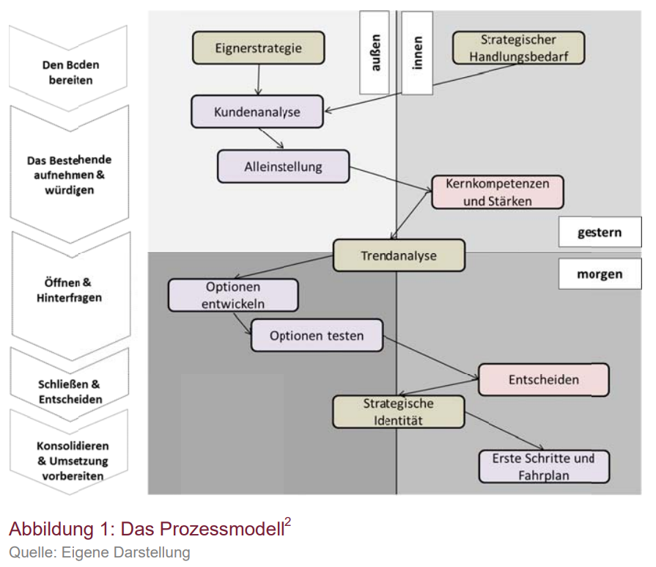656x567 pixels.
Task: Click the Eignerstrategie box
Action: (x=258, y=48)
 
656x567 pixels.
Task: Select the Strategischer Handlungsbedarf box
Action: (x=518, y=48)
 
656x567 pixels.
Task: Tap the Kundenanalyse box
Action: (x=257, y=112)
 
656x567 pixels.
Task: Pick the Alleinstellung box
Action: (x=283, y=167)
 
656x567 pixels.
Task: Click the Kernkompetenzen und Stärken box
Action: (x=498, y=192)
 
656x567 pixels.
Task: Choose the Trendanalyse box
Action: (x=399, y=256)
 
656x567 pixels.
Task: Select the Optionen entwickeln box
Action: (x=234, y=295)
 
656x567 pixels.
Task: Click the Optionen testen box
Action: (x=317, y=336)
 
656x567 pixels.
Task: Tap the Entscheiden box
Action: (x=543, y=379)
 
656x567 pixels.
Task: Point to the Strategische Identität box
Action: (x=398, y=412)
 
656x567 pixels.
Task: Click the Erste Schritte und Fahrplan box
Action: (x=544, y=467)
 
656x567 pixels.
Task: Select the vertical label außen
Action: (x=375, y=54)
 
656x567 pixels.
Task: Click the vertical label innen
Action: (x=417, y=54)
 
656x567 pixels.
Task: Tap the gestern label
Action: (x=599, y=233)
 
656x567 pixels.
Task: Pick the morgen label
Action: (x=599, y=274)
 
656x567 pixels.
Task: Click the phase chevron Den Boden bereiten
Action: (x=70, y=70)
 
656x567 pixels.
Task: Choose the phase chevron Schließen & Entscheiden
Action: (x=70, y=391)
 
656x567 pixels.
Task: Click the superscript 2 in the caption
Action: (x=287, y=522)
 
